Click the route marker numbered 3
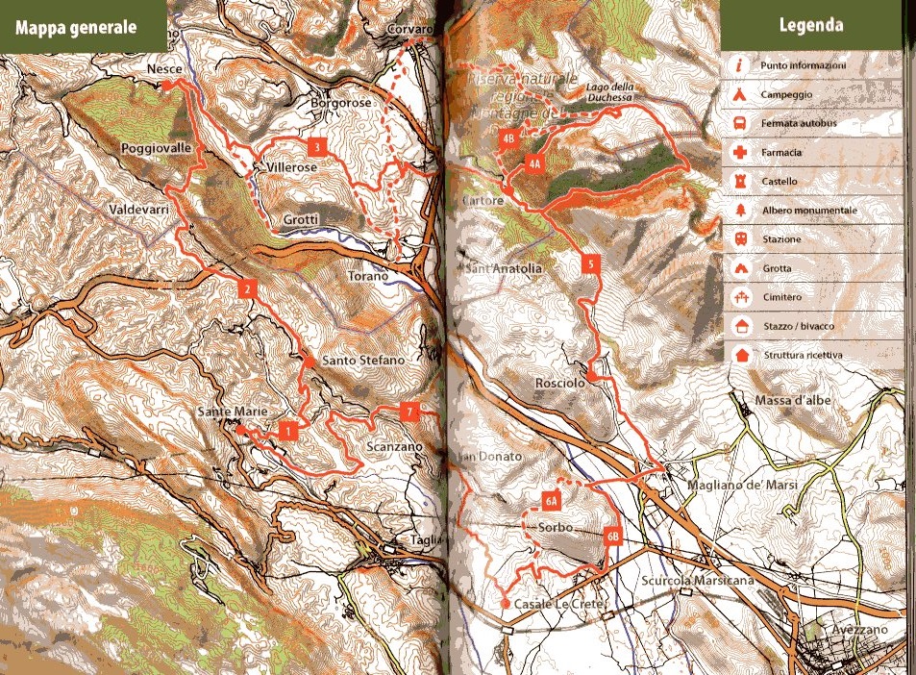[314, 147]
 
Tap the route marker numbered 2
[247, 287]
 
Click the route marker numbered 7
[410, 412]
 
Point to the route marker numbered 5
[591, 264]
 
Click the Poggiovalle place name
[157, 148]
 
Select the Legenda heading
[811, 26]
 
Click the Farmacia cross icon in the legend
[739, 153]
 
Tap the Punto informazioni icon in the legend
[739, 66]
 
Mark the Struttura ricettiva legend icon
[739, 355]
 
